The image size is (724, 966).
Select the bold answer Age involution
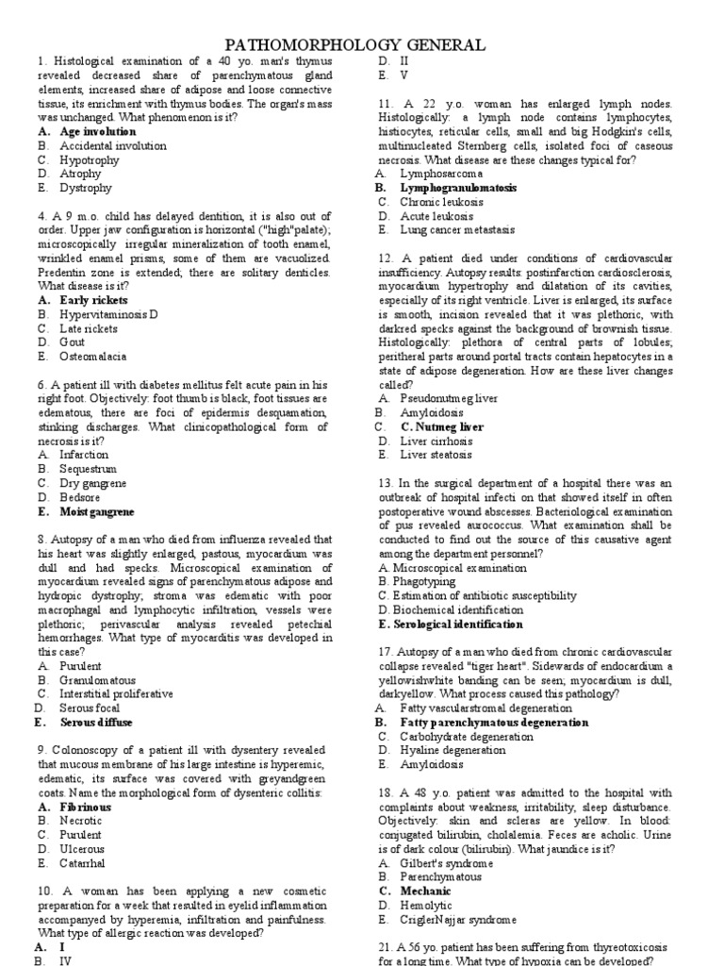click(98, 132)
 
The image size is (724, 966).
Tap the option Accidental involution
click(113, 146)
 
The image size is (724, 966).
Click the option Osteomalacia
click(93, 357)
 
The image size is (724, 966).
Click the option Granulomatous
click(98, 679)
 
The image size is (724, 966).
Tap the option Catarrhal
click(83, 863)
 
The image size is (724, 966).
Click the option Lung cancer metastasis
click(457, 229)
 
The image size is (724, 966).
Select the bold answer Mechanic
click(425, 891)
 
